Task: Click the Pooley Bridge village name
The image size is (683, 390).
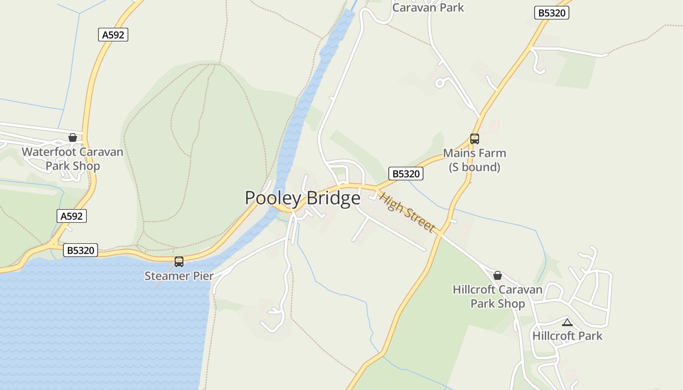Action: click(302, 198)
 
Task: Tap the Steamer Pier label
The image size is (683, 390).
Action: click(179, 276)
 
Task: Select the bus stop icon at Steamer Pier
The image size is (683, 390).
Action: click(179, 262)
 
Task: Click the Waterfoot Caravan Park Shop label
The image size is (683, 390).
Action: click(73, 159)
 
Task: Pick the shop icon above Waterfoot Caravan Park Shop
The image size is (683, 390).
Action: click(73, 138)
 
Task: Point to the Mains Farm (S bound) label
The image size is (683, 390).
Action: click(475, 160)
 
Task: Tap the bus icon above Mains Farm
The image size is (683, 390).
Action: click(475, 139)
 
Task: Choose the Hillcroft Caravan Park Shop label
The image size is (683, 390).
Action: click(498, 296)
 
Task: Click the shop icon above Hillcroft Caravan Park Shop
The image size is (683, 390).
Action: click(498, 275)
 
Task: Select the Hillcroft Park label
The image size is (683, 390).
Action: click(567, 336)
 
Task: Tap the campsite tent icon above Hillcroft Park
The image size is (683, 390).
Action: click(567, 322)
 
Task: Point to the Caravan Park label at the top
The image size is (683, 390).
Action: click(428, 7)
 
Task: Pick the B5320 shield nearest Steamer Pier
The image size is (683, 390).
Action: click(80, 251)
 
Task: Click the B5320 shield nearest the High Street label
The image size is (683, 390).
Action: click(406, 174)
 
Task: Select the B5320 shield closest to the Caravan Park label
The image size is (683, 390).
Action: click(552, 13)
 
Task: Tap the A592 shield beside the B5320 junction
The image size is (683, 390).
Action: click(72, 216)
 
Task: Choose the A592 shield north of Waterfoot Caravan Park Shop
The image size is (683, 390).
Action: click(113, 35)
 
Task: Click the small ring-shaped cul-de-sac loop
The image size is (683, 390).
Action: click(440, 83)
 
